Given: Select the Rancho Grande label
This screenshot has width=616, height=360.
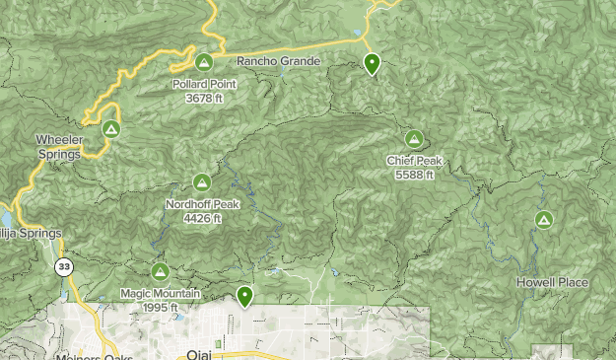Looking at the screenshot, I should coord(279,61).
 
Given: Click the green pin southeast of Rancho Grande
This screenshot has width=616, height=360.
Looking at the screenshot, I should coord(372,64).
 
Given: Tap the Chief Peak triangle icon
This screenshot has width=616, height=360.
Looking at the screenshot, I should coord(414,139).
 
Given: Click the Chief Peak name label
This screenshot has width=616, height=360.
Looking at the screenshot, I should coord(414,161).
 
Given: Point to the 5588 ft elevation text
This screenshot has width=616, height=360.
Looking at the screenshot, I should coord(414,175).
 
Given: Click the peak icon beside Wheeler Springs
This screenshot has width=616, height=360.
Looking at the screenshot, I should coord(111,129).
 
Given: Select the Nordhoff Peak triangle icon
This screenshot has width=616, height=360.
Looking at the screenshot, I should coord(202,182).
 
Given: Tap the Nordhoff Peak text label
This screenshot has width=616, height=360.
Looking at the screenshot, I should coord(202,204).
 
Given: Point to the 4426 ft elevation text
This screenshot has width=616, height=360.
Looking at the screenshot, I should coord(202,218).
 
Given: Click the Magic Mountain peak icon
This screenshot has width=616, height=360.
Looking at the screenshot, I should coord(160,271).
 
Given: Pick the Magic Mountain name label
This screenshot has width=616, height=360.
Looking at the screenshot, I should coord(160,293).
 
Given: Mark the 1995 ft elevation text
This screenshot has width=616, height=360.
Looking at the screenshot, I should coord(160,307).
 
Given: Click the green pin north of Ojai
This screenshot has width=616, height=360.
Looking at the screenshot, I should coord(244,295).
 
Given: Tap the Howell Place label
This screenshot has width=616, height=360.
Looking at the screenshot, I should coord(552,283).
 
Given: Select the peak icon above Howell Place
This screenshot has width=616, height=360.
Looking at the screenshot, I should coord(543,220).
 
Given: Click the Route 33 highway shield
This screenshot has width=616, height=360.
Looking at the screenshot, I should coord(64,267).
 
